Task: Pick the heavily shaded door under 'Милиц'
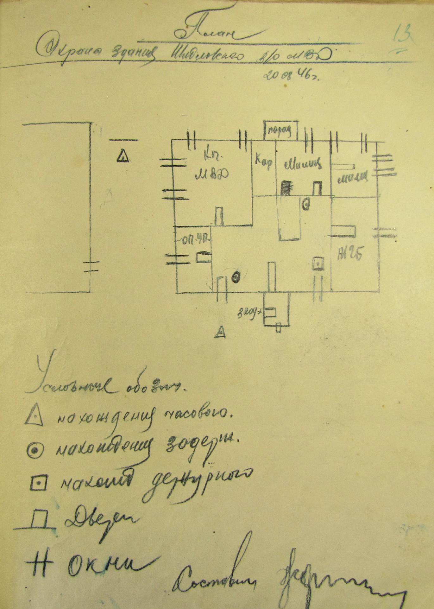(286, 187)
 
